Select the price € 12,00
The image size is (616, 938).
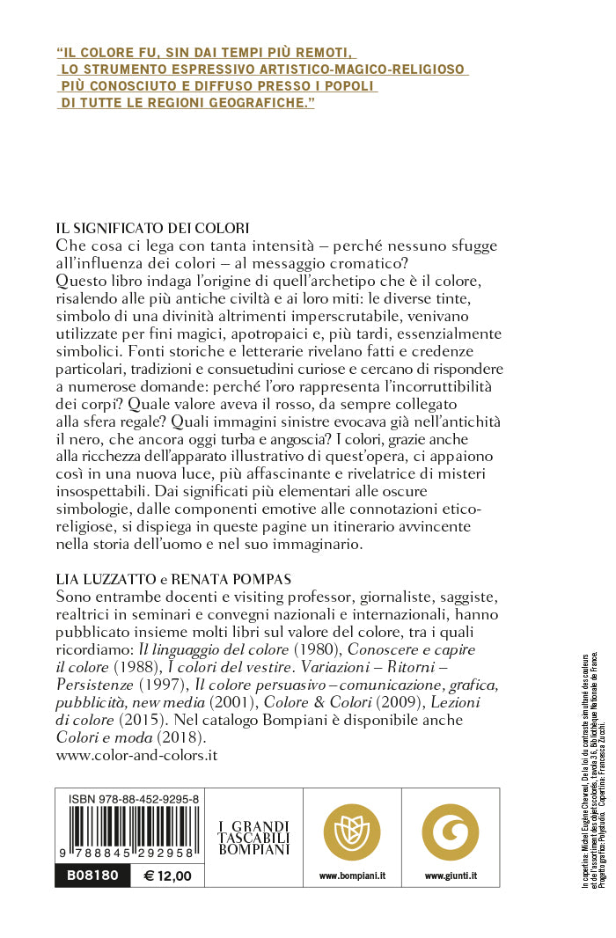click(167, 876)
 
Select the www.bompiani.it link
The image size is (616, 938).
click(352, 876)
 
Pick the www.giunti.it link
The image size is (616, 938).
click(450, 876)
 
